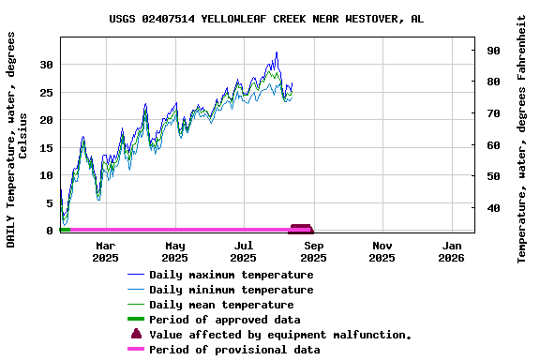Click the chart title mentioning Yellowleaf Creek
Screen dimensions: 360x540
[x=265, y=19]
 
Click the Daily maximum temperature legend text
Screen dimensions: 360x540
[x=231, y=275]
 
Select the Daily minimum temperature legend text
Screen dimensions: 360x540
[x=231, y=290]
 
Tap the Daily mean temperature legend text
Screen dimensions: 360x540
[x=221, y=305]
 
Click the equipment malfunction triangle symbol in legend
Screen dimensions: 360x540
[x=137, y=334]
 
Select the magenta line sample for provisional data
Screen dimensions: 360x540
[x=137, y=350]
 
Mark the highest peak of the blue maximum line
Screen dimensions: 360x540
[x=277, y=52]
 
